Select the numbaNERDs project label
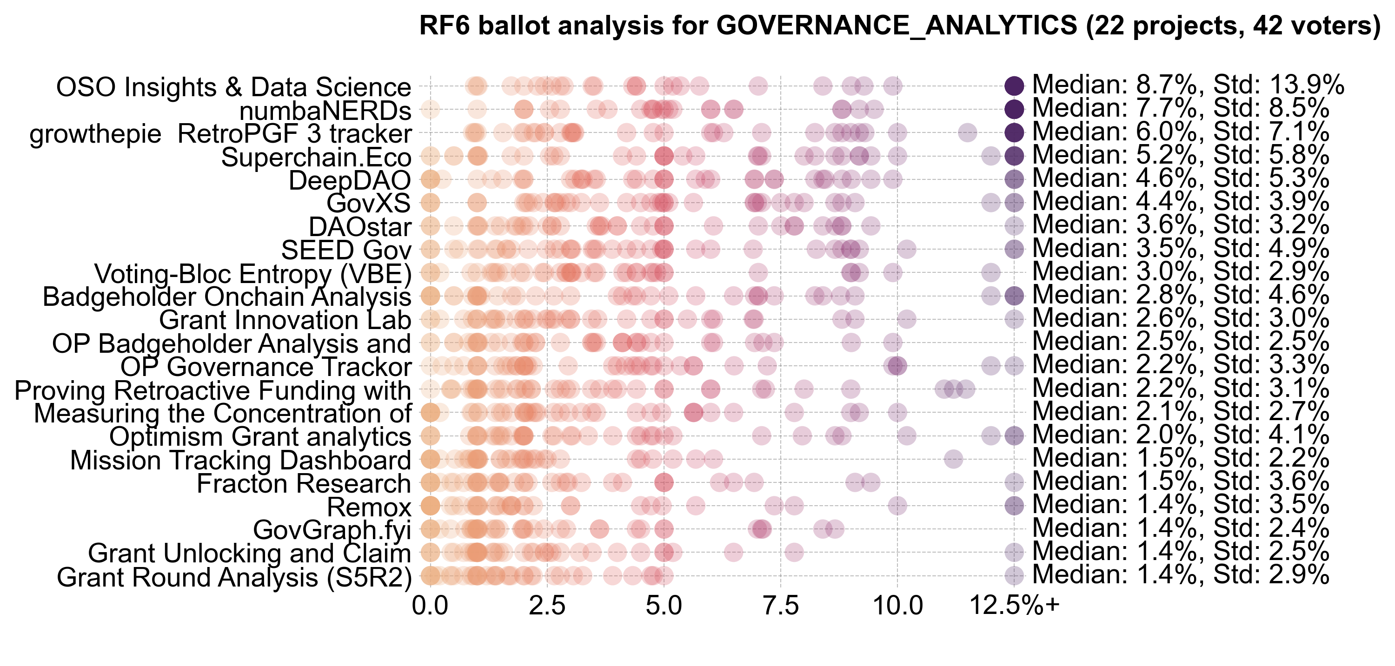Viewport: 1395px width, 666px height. coord(325,111)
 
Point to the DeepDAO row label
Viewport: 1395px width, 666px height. coord(349,180)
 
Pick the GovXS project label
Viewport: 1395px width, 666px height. coord(368,204)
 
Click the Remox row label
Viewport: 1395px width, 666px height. coord(369,508)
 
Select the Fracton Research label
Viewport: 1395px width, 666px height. coord(303,483)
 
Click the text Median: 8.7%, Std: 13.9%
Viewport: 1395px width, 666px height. coord(1188,85)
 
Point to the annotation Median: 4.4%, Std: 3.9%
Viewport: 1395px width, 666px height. coord(1181,202)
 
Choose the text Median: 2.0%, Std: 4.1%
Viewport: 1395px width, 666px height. coord(1181,435)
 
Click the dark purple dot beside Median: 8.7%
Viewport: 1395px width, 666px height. coord(1014,86)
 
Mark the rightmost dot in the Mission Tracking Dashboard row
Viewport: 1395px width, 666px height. coord(953,460)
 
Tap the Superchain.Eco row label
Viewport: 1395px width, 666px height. coord(316,158)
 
